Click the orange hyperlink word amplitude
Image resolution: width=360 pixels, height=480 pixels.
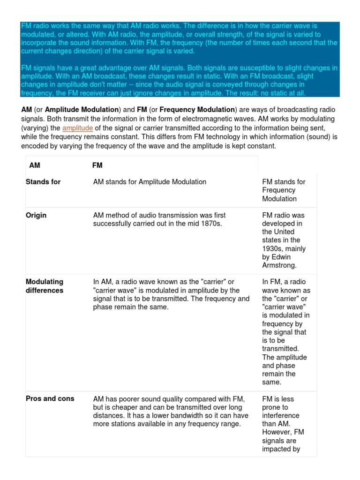click(x=78, y=128)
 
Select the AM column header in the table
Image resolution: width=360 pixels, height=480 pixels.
click(x=35, y=165)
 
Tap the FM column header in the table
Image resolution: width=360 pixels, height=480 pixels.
click(x=97, y=165)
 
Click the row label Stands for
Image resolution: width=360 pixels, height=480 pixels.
click(x=43, y=182)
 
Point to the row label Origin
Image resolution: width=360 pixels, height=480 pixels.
click(x=36, y=215)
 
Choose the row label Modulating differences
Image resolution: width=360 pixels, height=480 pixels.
click(x=45, y=286)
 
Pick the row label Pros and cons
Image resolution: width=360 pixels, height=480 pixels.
click(x=50, y=399)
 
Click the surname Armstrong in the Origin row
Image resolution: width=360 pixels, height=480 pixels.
click(x=279, y=265)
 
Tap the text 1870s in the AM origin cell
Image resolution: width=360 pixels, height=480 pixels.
click(x=210, y=224)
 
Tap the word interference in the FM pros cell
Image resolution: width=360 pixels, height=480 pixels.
click(x=281, y=416)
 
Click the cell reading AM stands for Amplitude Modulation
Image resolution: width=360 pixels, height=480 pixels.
click(x=150, y=182)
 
